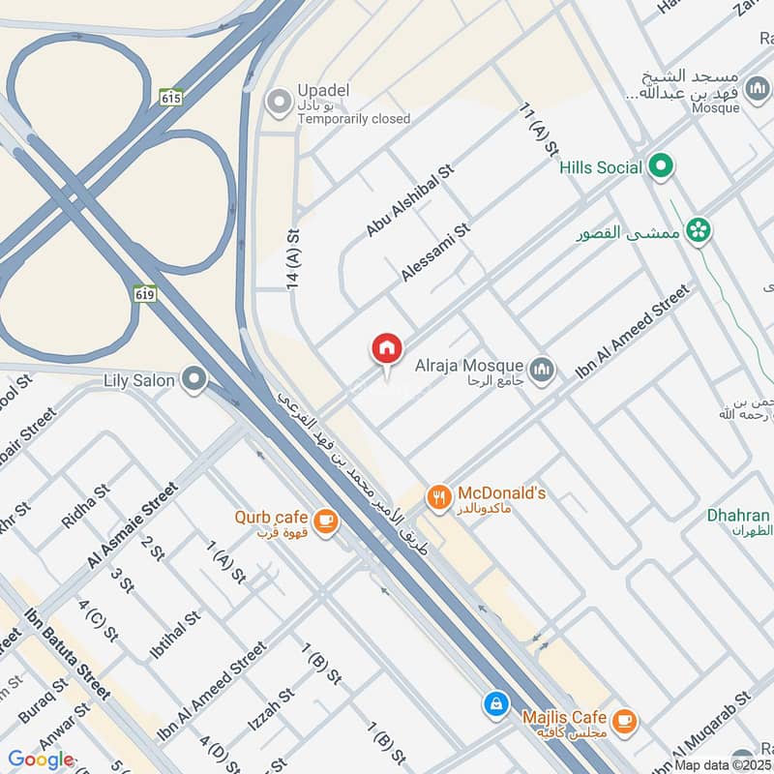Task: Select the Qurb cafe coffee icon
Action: [326, 521]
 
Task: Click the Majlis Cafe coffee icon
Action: [625, 719]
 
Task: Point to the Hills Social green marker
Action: [662, 167]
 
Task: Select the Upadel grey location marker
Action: [281, 101]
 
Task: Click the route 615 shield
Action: [172, 98]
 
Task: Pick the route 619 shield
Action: [146, 293]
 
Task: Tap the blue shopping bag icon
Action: [495, 702]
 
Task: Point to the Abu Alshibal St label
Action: [409, 201]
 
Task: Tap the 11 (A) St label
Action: [540, 131]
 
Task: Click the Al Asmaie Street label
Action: [134, 523]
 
